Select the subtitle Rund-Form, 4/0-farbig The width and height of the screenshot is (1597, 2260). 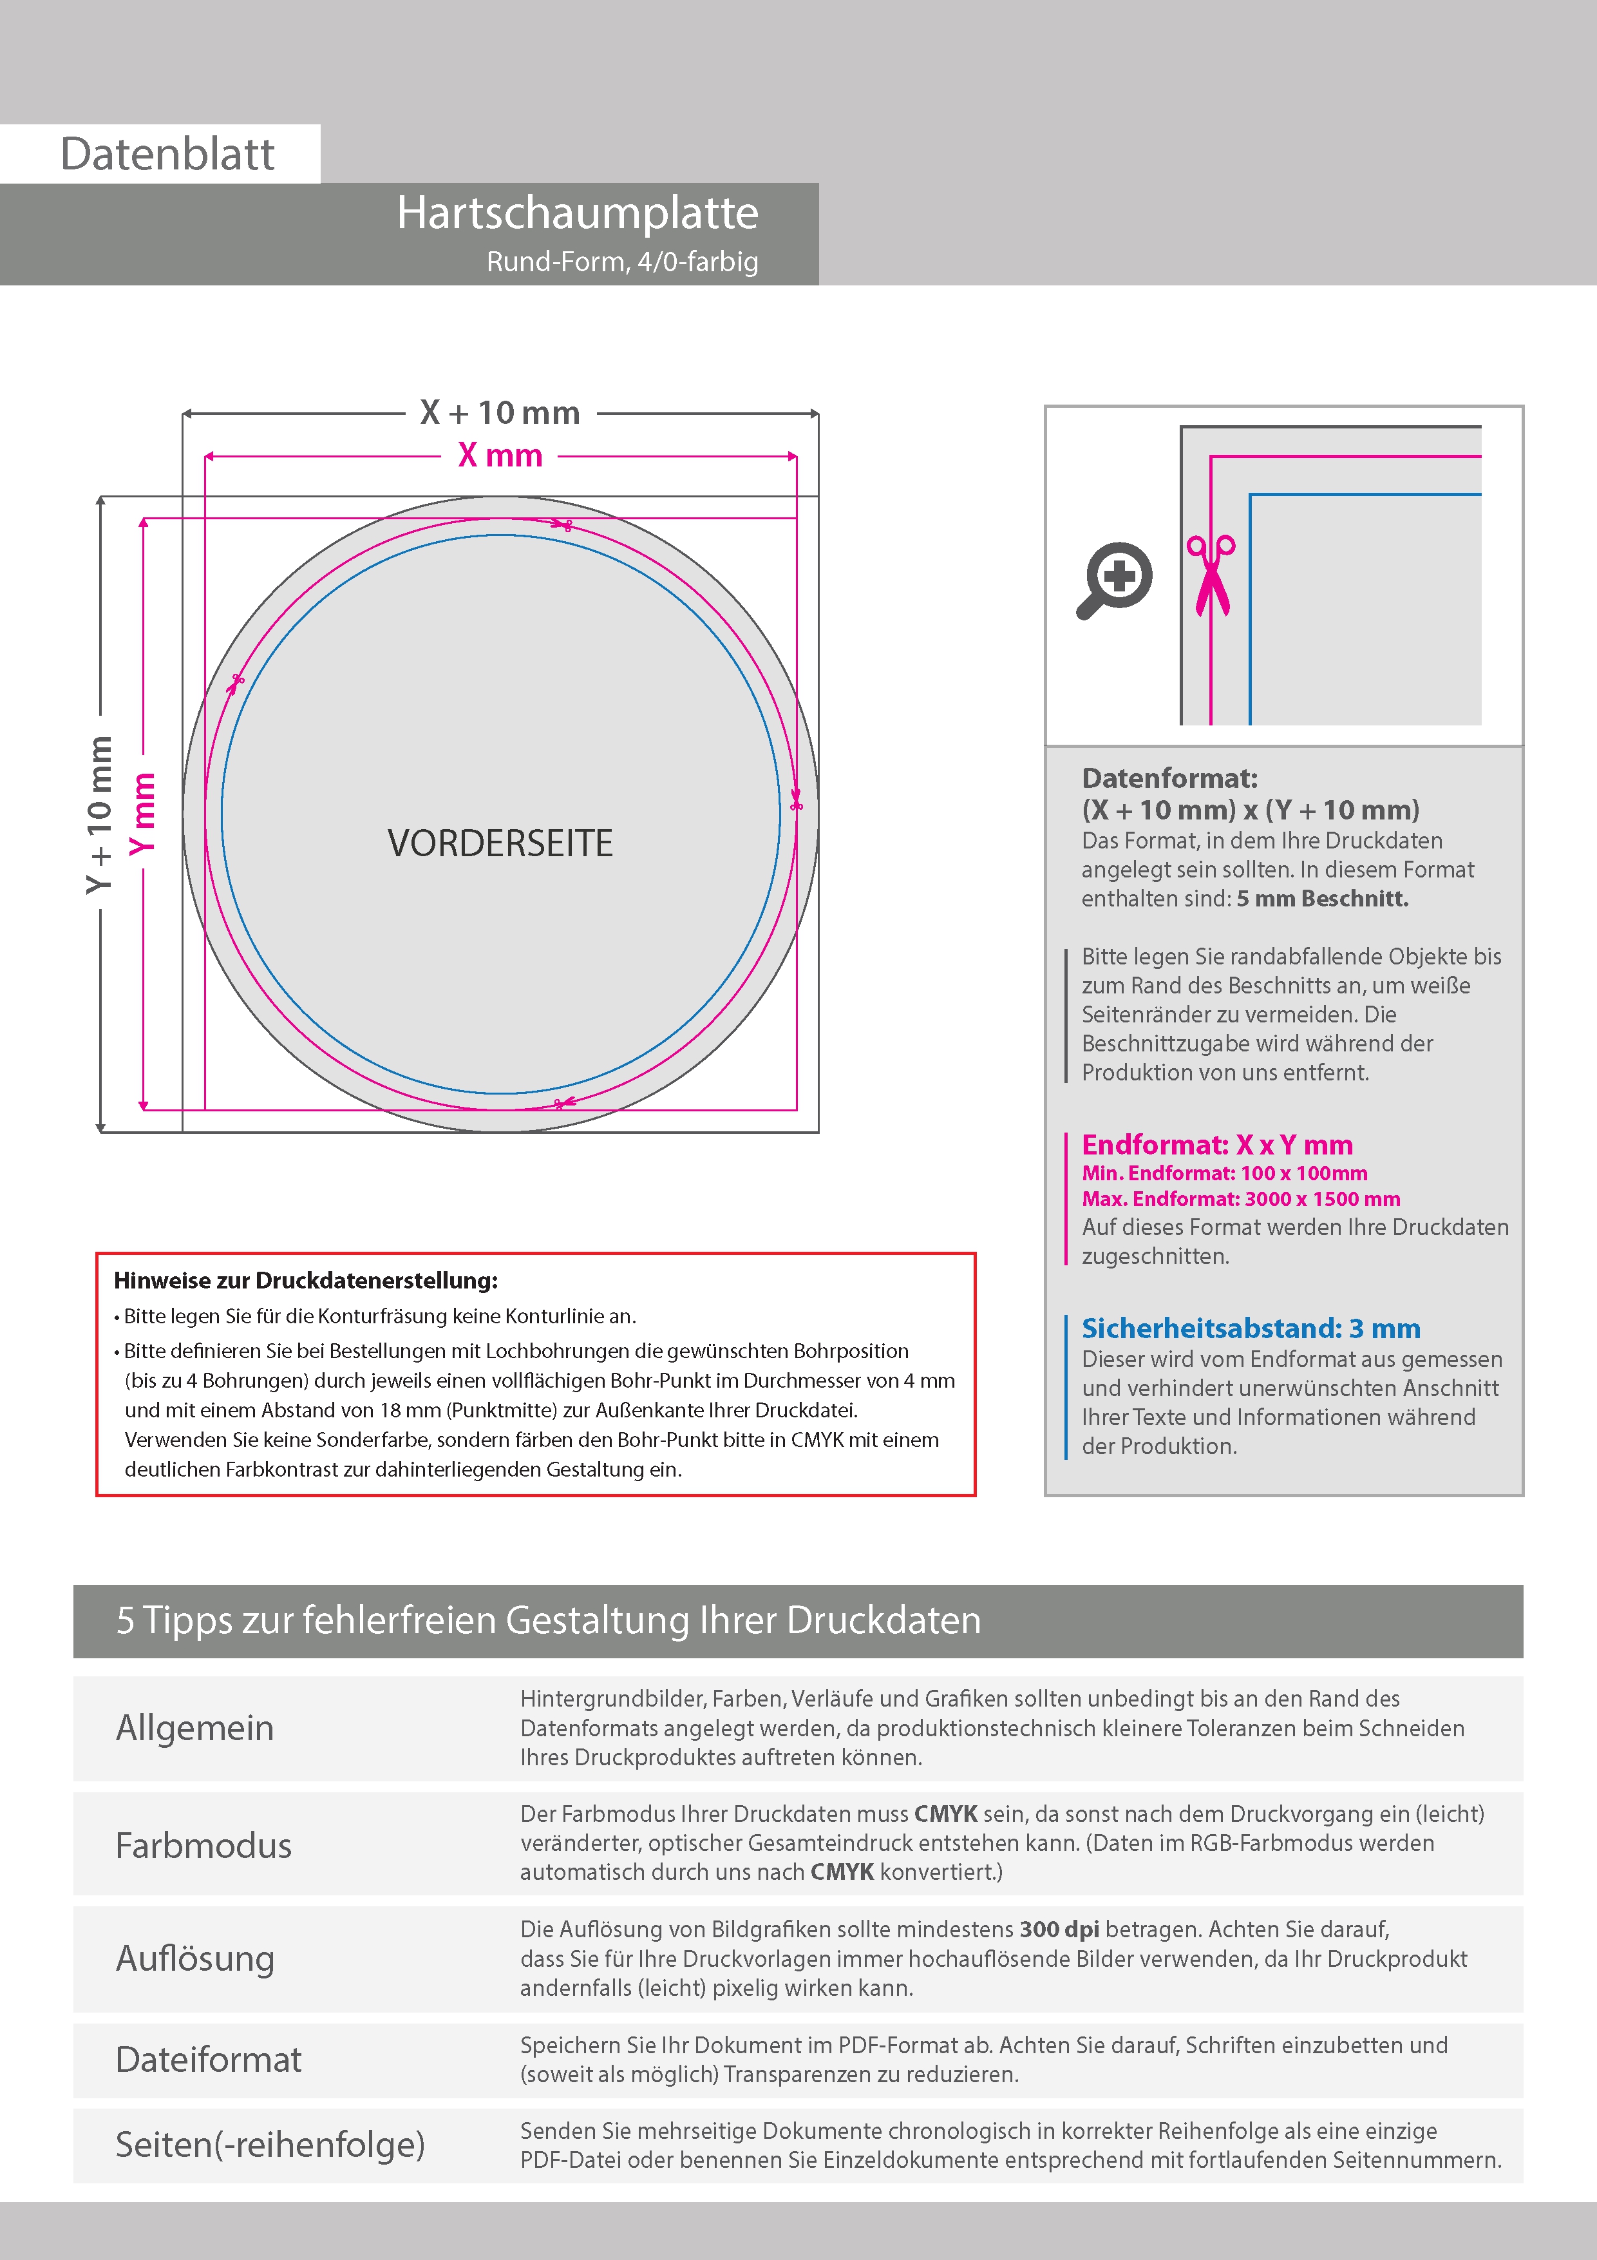click(622, 262)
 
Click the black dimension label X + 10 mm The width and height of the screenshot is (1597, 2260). click(500, 412)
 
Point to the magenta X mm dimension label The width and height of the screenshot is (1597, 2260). click(500, 455)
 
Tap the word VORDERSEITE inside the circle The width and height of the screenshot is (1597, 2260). click(500, 843)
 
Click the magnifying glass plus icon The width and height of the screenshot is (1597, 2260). click(1116, 578)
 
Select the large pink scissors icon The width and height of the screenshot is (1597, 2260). click(1211, 576)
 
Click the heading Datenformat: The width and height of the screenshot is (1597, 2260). click(1169, 779)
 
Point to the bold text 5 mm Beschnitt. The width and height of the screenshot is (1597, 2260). click(1323, 899)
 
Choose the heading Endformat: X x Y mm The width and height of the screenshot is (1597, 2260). click(1217, 1145)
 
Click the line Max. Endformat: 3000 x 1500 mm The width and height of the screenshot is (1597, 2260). click(1241, 1199)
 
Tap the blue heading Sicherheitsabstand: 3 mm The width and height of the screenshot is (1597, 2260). click(1251, 1329)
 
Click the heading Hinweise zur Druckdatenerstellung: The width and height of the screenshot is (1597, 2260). click(306, 1281)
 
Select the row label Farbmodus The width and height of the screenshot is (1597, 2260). click(203, 1846)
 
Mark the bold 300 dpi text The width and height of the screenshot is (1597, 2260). click(1060, 1930)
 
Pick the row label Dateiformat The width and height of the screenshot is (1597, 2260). click(209, 2059)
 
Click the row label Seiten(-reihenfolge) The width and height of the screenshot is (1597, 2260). click(270, 2144)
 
